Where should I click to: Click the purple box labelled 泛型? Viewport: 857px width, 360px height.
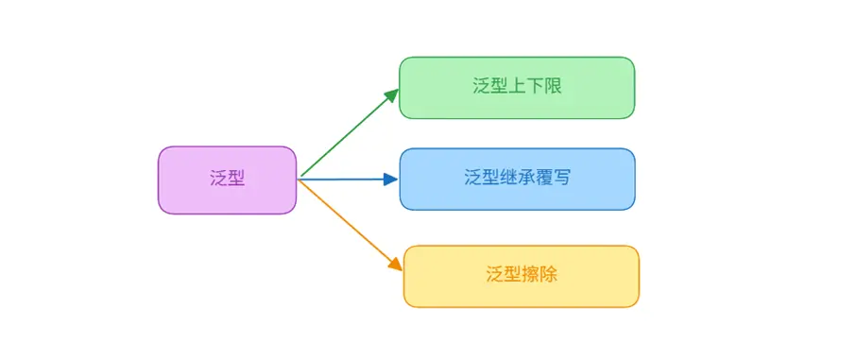tap(227, 180)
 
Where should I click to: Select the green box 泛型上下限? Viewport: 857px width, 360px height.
tap(516, 88)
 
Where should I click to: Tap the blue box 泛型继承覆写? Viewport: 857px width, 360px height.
tap(516, 179)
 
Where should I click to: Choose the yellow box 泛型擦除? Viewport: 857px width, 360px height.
tap(521, 276)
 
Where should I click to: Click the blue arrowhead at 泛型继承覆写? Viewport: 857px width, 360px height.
tap(390, 179)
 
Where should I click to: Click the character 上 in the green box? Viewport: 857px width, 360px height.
tap(518, 86)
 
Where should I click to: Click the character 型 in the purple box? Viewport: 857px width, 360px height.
tap(236, 179)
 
